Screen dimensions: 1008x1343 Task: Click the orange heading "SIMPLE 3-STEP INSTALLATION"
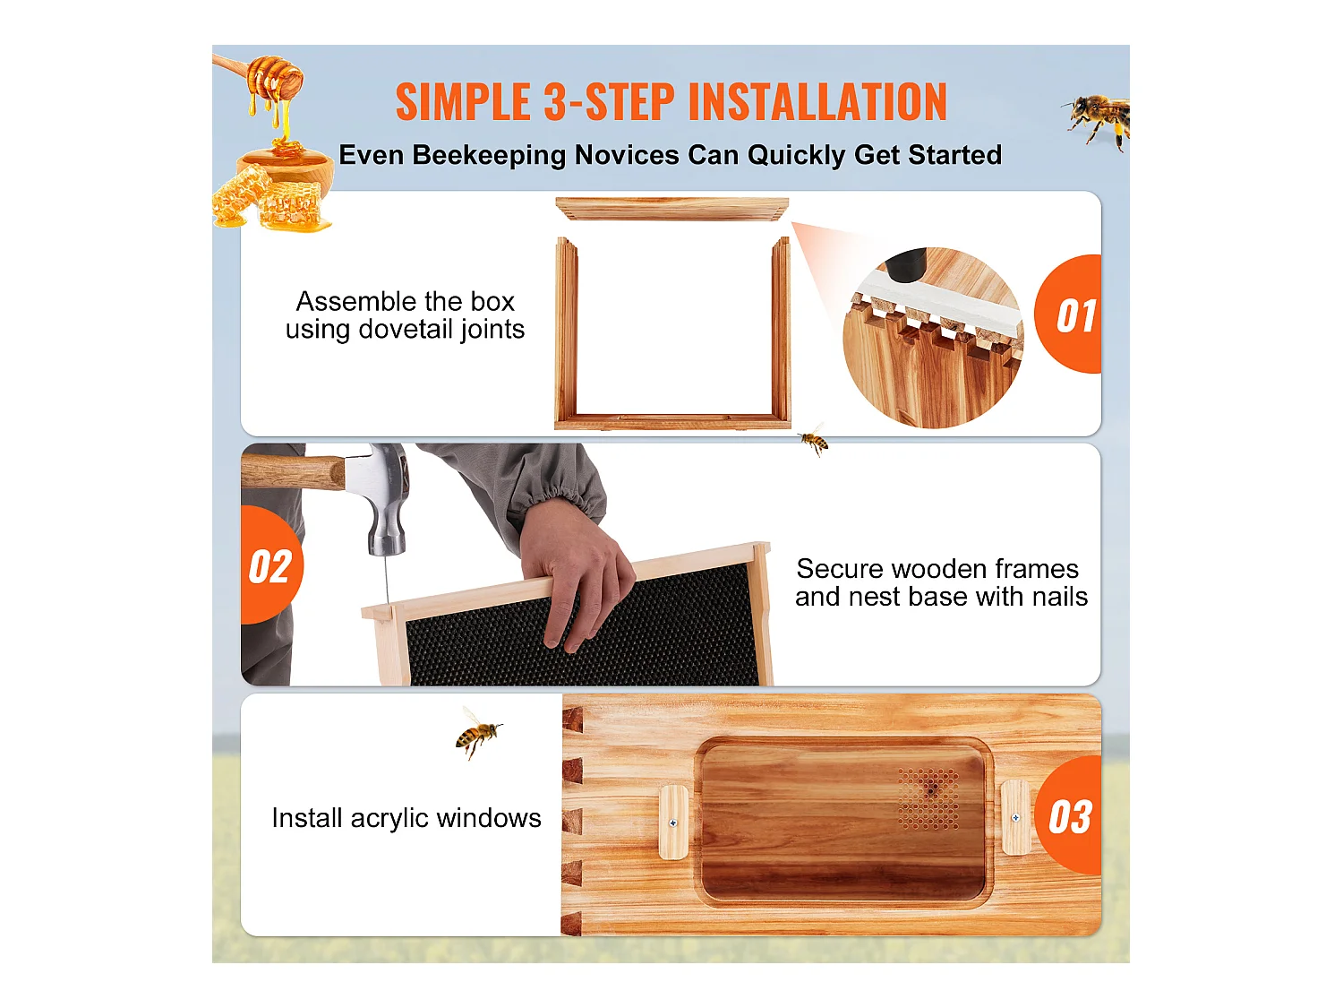671,102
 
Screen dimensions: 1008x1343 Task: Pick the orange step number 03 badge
1071,816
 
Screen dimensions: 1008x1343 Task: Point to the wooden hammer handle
291,471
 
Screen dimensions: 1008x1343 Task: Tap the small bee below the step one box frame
814,440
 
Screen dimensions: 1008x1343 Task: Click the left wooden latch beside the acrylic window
673,822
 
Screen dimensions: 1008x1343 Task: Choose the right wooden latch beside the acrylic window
1015,816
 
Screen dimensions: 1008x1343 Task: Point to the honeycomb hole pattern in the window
929,797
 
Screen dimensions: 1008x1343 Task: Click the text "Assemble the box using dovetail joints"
405,315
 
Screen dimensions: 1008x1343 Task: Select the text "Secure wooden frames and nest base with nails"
941,582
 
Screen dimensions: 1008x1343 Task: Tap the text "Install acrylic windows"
406,818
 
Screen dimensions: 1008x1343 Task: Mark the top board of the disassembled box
671,210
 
